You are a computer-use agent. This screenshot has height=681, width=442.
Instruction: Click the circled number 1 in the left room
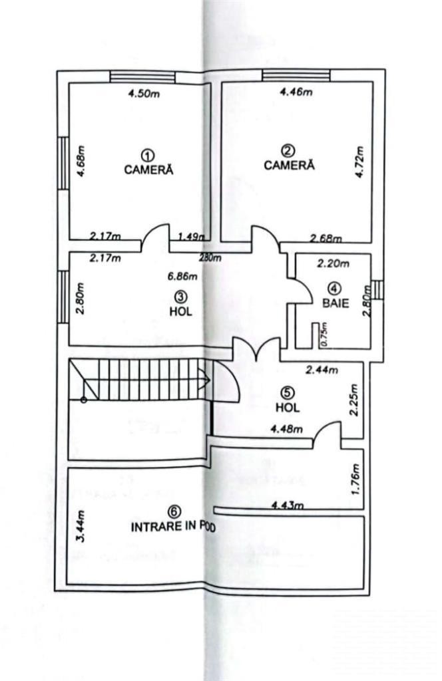[148, 156]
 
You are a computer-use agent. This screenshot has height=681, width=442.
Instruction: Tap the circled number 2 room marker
[288, 152]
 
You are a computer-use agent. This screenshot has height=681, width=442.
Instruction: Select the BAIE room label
[335, 303]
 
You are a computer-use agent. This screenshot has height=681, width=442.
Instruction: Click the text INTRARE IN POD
[174, 527]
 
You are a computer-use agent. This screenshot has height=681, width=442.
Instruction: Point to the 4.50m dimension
[143, 94]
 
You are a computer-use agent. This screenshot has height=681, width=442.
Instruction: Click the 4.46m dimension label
[296, 92]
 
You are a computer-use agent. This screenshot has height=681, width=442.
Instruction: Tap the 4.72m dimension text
[359, 162]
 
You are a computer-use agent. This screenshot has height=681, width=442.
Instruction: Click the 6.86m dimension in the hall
[182, 276]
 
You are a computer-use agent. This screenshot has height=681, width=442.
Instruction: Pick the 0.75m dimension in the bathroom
[323, 334]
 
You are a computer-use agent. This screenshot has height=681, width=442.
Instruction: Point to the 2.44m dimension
[322, 370]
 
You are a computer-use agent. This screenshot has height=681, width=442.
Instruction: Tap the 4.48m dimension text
[286, 430]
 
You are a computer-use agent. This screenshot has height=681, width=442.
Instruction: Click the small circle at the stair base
[83, 400]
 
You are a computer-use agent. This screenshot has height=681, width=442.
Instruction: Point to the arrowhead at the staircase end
[205, 379]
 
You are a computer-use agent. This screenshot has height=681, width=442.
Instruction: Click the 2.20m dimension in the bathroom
[333, 263]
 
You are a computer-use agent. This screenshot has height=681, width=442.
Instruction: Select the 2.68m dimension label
[326, 239]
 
